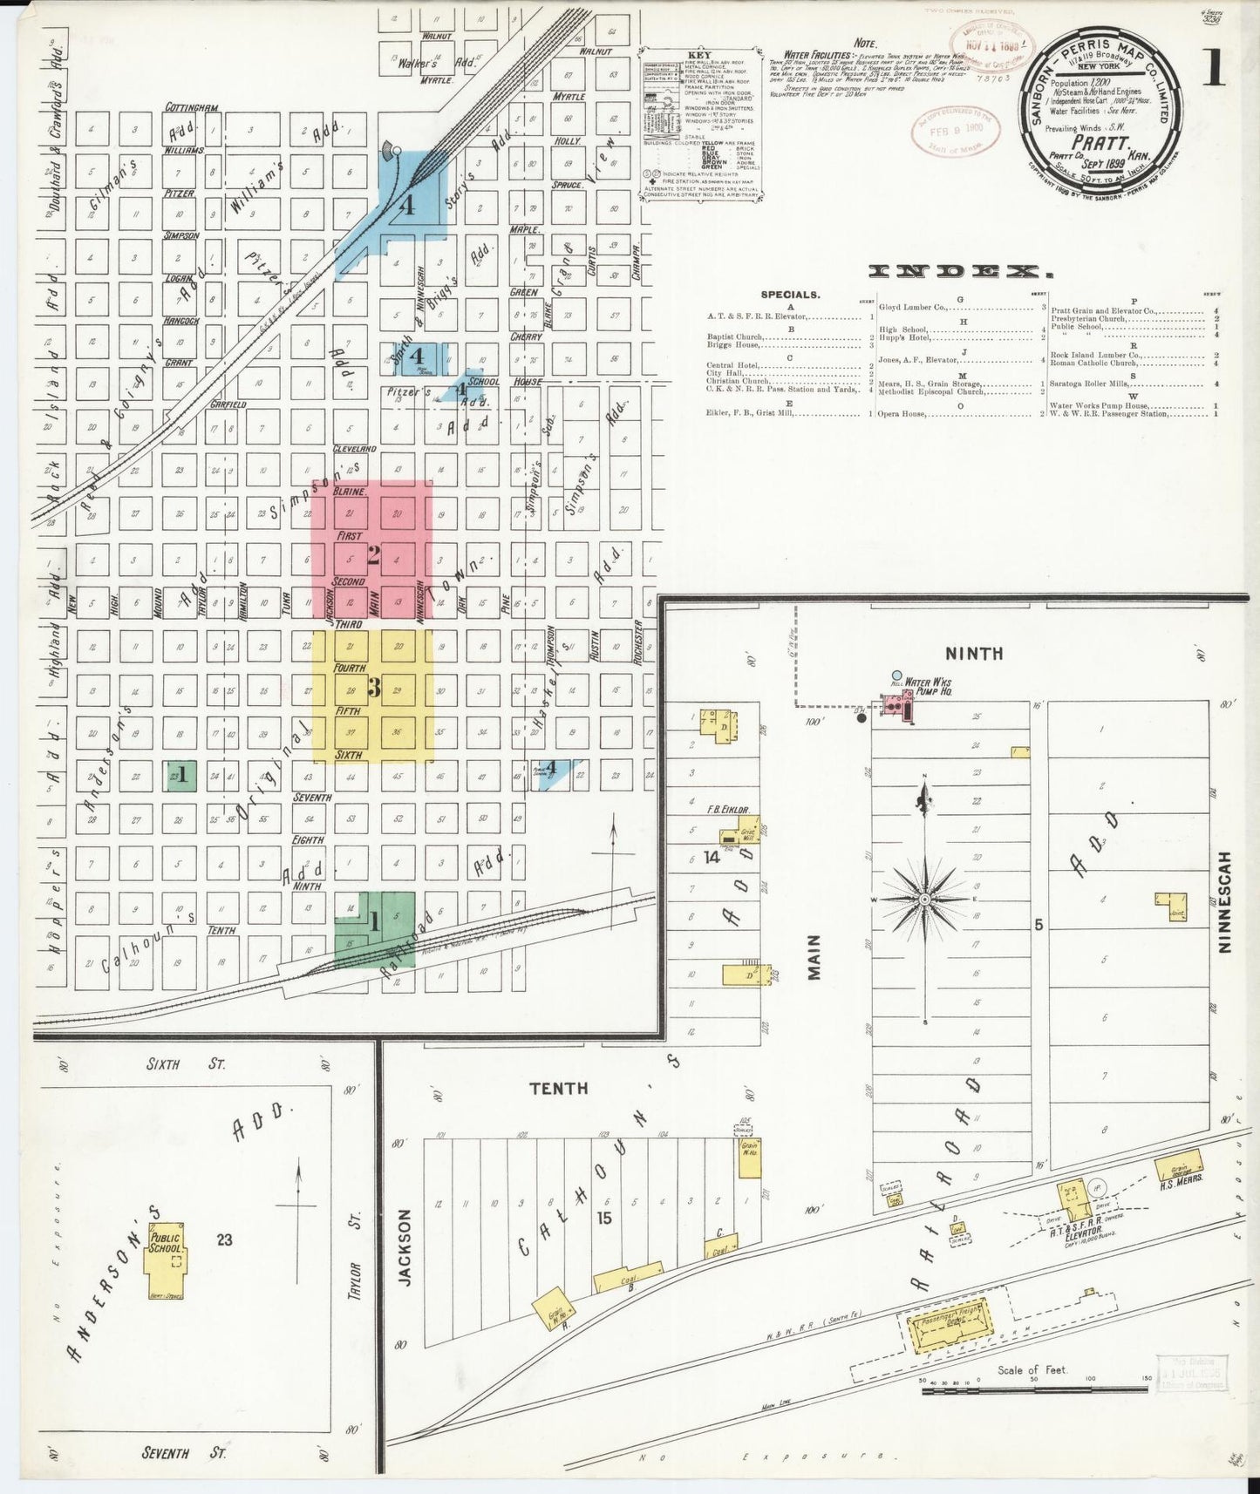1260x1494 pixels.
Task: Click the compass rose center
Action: click(x=924, y=898)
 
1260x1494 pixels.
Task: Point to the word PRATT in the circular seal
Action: click(x=1101, y=143)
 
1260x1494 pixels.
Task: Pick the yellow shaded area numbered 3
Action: click(x=373, y=689)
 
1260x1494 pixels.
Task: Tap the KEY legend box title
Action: click(x=700, y=56)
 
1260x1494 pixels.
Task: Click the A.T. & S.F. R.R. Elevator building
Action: click(x=1074, y=1201)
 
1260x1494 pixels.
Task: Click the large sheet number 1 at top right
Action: click(x=1214, y=68)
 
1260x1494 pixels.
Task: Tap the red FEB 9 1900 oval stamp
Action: click(x=956, y=132)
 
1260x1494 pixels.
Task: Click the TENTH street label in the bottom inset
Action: click(x=559, y=1088)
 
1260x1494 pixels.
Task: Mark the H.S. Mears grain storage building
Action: click(x=1177, y=1163)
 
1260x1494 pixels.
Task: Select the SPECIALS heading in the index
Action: click(x=790, y=295)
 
